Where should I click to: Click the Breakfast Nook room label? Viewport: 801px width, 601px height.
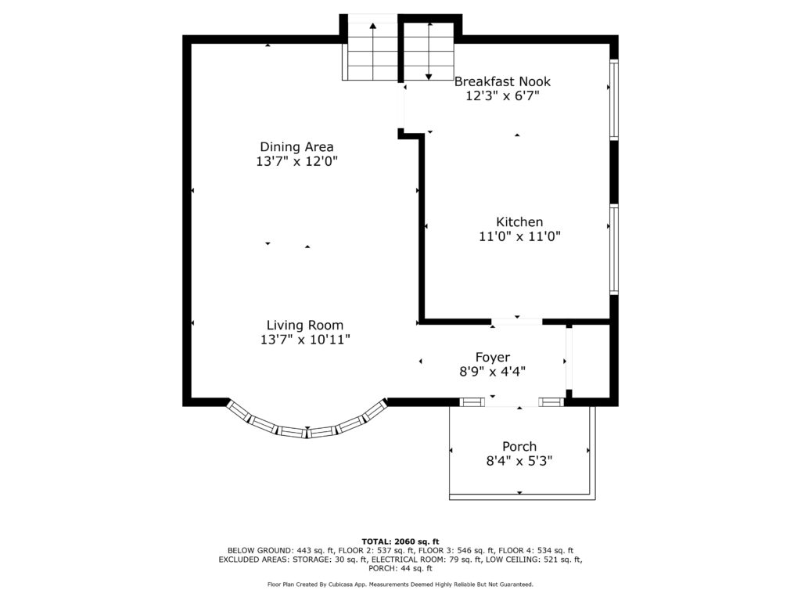tap(502, 81)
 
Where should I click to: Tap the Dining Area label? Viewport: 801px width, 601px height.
tap(296, 147)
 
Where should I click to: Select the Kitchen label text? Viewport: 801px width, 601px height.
tap(519, 221)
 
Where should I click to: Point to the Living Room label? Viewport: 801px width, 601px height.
tap(305, 326)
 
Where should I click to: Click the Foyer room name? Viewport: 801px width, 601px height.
tap(493, 358)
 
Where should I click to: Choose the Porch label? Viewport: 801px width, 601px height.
tap(519, 447)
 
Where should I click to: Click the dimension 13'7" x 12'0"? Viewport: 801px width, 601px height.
tap(296, 161)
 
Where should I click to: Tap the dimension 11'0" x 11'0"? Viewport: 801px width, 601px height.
tap(519, 236)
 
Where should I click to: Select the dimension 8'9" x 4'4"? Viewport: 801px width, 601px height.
tap(493, 372)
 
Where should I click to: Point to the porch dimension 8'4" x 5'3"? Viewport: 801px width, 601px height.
tap(519, 461)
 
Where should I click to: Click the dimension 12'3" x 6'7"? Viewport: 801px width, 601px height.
tap(502, 95)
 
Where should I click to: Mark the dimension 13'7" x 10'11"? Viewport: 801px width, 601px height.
tap(305, 340)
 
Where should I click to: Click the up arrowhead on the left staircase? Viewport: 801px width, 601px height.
tap(373, 26)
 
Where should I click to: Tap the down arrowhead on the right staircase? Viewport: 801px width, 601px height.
tap(429, 77)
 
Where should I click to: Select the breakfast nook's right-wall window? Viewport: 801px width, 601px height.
tap(614, 99)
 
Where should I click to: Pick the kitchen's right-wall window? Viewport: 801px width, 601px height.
tap(614, 250)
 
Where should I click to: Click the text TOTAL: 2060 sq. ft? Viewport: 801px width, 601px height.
tap(400, 542)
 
